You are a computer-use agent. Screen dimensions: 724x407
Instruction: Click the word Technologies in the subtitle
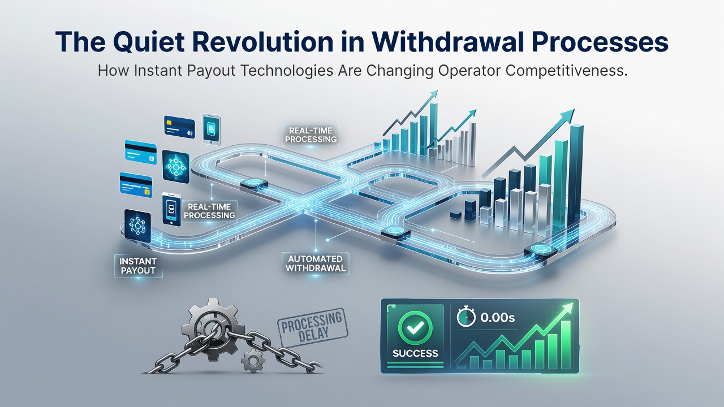click(x=287, y=71)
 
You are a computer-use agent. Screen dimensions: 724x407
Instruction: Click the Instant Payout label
click(x=138, y=266)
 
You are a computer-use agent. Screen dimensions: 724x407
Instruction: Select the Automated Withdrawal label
click(x=315, y=263)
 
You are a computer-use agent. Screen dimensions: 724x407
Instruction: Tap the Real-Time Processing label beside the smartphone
click(x=209, y=211)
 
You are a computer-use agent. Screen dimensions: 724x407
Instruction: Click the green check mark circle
click(x=415, y=328)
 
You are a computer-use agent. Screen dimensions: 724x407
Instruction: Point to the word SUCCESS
click(x=415, y=353)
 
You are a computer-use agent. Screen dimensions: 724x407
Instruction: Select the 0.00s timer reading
click(x=497, y=318)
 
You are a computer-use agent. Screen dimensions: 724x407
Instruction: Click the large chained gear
click(x=213, y=329)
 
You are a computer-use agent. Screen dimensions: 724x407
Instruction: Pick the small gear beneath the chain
click(x=253, y=360)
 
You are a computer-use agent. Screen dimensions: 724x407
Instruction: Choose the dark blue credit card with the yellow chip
click(x=179, y=127)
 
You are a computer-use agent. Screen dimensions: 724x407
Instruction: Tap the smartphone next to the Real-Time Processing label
click(x=171, y=209)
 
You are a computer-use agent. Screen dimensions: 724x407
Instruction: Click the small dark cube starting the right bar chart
click(x=456, y=214)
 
